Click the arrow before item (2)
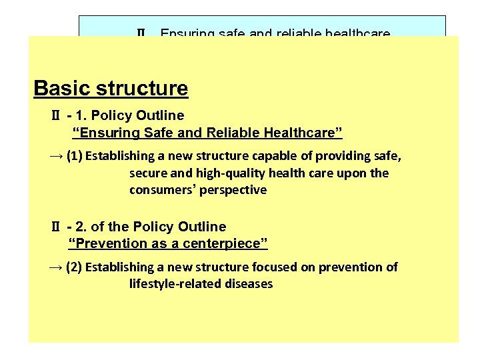coord(56,267)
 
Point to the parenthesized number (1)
coord(75,156)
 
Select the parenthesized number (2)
coord(75,267)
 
